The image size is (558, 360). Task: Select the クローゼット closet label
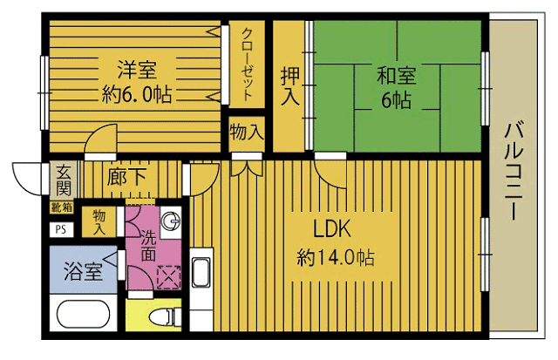tap(248, 65)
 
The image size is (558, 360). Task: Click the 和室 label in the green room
tap(397, 74)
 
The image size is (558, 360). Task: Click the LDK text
tap(331, 229)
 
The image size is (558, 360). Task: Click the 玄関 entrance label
tap(64, 179)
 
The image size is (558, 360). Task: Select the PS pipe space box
tap(60, 229)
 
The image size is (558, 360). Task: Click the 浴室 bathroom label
tap(83, 270)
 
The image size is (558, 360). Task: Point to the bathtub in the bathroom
tap(83, 316)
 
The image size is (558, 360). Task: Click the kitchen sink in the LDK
tap(200, 273)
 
